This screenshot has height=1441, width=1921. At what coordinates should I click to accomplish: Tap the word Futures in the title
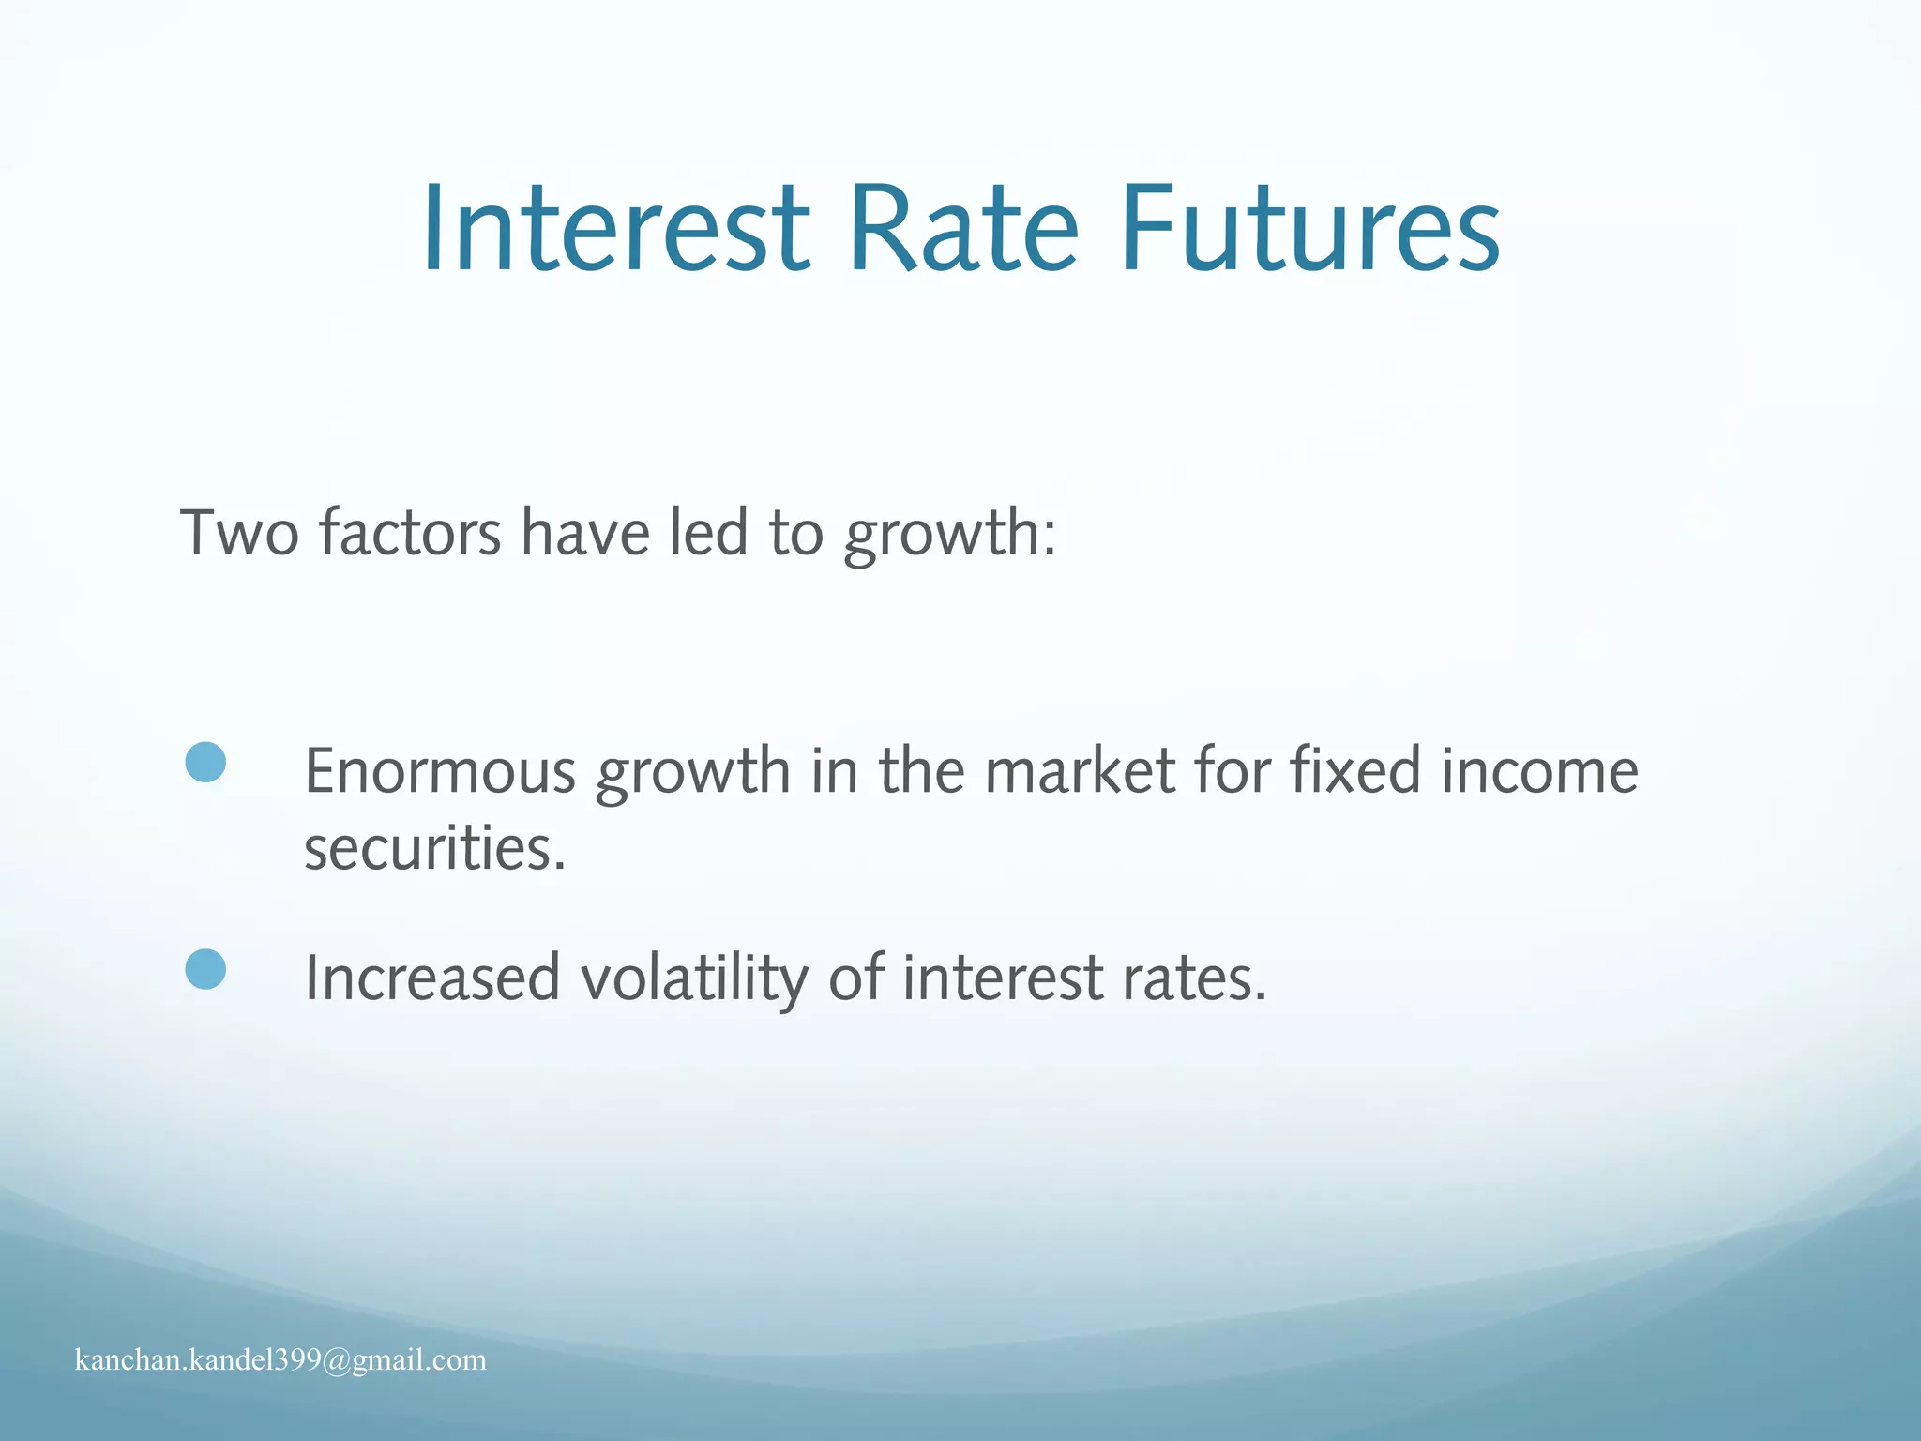[1309, 230]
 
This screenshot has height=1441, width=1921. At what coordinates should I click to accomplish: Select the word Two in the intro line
[239, 533]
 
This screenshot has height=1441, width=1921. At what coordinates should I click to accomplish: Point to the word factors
[410, 533]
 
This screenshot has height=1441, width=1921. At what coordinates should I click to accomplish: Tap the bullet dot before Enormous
[205, 762]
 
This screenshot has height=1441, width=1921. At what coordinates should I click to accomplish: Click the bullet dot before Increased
[205, 969]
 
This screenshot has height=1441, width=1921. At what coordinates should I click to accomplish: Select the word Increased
[432, 978]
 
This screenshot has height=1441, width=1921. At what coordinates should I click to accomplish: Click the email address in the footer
[280, 1360]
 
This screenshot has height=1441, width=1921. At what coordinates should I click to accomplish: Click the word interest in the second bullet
[1003, 978]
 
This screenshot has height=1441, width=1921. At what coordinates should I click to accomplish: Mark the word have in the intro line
[585, 533]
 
